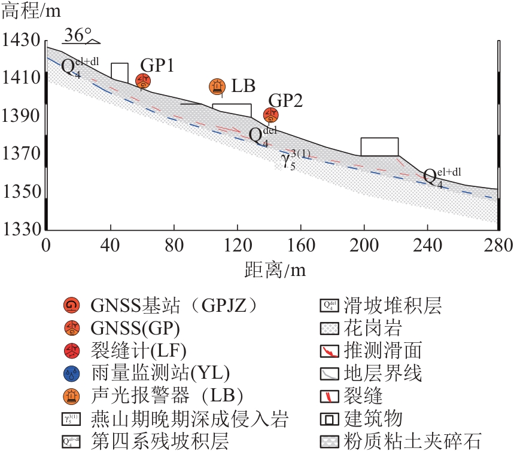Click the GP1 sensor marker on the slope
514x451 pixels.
[143, 81]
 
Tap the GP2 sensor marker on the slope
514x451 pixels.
[271, 115]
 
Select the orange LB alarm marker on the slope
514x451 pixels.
[217, 87]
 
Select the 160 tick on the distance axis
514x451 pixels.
[300, 245]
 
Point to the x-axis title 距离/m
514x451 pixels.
[275, 270]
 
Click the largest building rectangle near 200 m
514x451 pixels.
[379, 147]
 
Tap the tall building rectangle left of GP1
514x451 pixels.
[120, 71]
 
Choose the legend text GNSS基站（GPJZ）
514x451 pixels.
[174, 306]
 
